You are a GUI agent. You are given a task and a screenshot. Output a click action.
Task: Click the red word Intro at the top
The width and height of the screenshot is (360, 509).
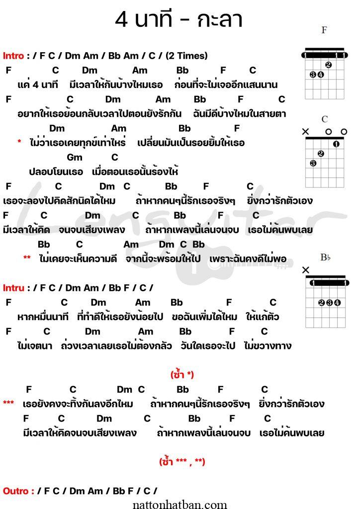click(x=13, y=56)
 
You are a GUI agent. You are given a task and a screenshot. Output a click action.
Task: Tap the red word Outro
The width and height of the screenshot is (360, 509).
click(x=18, y=491)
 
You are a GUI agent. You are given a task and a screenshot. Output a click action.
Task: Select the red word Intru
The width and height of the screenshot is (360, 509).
click(x=13, y=287)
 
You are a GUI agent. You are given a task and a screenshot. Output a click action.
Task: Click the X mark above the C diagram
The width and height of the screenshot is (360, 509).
click(x=305, y=131)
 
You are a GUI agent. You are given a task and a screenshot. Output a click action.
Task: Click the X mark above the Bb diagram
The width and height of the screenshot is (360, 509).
click(x=305, y=270)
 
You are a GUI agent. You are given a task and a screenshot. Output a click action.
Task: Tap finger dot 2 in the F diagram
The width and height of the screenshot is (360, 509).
click(x=328, y=65)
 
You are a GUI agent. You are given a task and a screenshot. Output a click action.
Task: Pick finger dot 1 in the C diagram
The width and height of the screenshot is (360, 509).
click(x=336, y=145)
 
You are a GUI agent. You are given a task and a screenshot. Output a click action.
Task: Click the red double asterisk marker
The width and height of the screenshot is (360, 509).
click(x=27, y=258)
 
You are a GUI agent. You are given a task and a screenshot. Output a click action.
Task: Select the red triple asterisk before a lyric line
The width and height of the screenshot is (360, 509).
click(x=8, y=403)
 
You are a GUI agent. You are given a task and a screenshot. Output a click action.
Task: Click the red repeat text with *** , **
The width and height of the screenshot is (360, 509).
click(x=182, y=462)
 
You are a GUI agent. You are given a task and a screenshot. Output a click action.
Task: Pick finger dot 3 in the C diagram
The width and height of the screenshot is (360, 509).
click(x=313, y=164)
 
